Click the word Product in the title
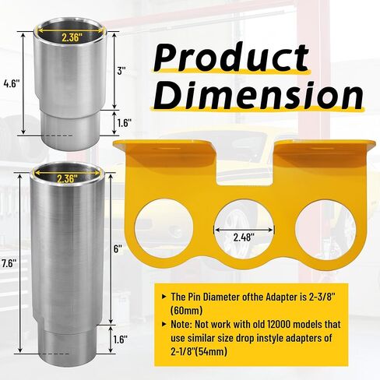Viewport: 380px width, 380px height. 231,57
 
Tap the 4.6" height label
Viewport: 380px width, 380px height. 12,83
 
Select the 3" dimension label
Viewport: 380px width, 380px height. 121,70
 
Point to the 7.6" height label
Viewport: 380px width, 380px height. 9,264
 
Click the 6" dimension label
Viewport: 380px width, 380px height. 118,249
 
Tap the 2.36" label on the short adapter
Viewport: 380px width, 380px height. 70,37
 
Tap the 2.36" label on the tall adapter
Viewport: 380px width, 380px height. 67,178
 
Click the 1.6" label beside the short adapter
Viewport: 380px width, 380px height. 124,123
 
